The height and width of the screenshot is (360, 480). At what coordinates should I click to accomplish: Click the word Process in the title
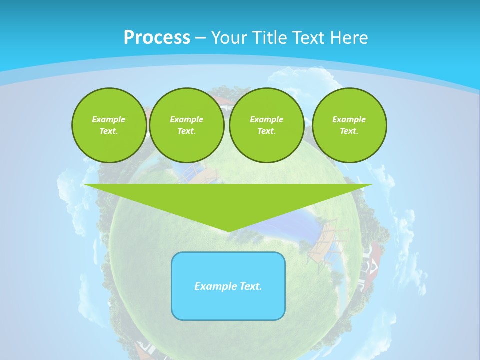point(157,38)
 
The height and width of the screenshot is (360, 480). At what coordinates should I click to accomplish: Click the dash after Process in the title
point(200,38)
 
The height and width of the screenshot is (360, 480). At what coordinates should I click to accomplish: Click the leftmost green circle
point(109,125)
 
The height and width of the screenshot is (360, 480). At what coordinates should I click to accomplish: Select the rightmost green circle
point(349,125)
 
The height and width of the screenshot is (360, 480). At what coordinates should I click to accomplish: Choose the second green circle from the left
point(187,125)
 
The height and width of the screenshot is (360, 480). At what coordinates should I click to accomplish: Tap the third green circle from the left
point(267,125)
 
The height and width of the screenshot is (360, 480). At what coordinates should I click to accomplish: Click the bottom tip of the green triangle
point(228,230)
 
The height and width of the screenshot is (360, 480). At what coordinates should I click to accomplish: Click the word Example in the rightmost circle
point(349,119)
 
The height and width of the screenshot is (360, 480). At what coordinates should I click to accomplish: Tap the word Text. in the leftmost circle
point(109,131)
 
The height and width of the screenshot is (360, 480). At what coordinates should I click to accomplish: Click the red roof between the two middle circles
point(223,100)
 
